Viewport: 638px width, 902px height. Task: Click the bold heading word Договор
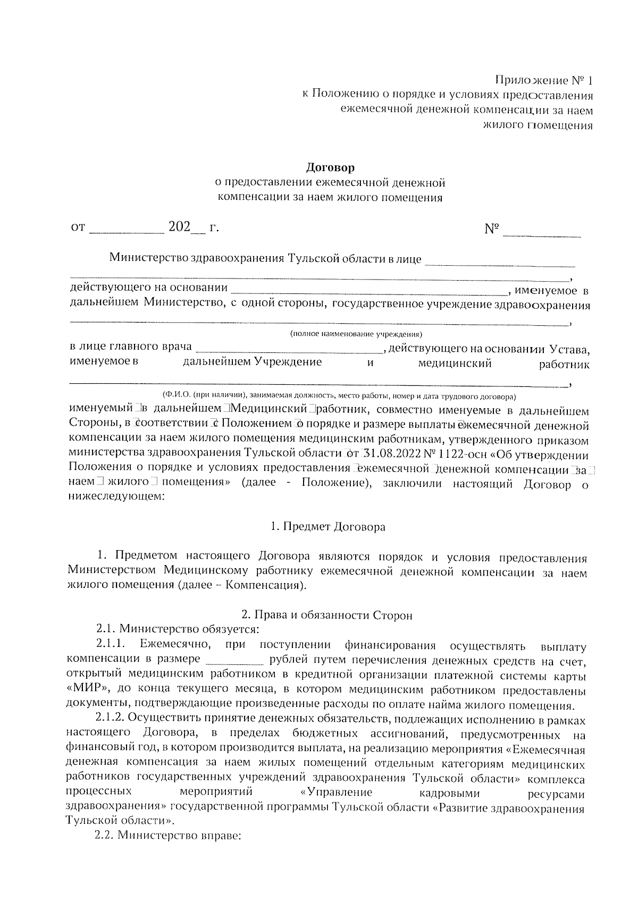click(330, 168)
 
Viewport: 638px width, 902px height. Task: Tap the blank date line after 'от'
click(127, 230)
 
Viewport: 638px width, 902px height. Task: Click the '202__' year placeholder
click(186, 228)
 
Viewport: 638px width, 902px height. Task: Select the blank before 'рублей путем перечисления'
click(234, 662)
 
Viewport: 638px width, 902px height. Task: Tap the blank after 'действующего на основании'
click(370, 291)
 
